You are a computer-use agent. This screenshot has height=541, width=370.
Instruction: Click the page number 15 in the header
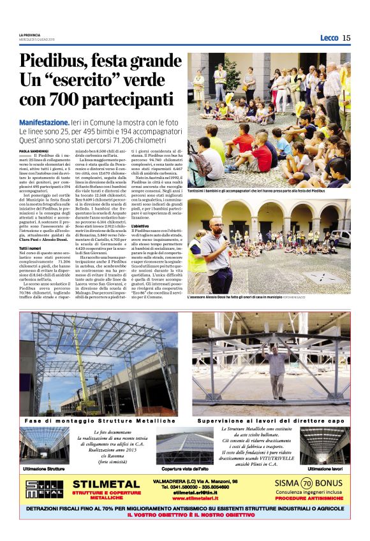tap(346, 38)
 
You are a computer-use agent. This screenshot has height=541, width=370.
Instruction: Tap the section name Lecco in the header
tap(329, 38)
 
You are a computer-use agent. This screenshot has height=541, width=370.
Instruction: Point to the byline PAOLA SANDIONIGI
tap(33, 150)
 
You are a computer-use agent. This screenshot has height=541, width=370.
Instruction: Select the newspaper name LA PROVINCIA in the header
tap(29, 34)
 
